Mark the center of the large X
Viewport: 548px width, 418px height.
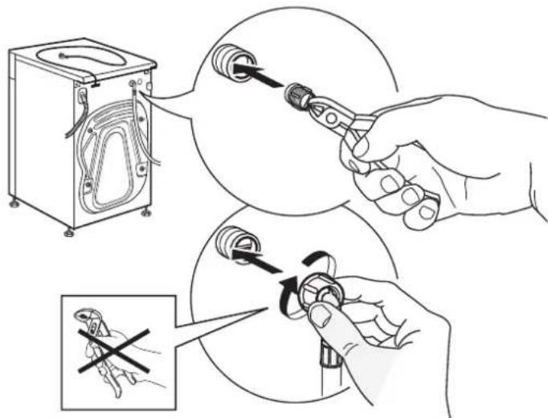pos(113,350)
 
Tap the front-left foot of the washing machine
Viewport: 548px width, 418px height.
pos(15,203)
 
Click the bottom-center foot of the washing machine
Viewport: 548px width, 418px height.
pos(70,232)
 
